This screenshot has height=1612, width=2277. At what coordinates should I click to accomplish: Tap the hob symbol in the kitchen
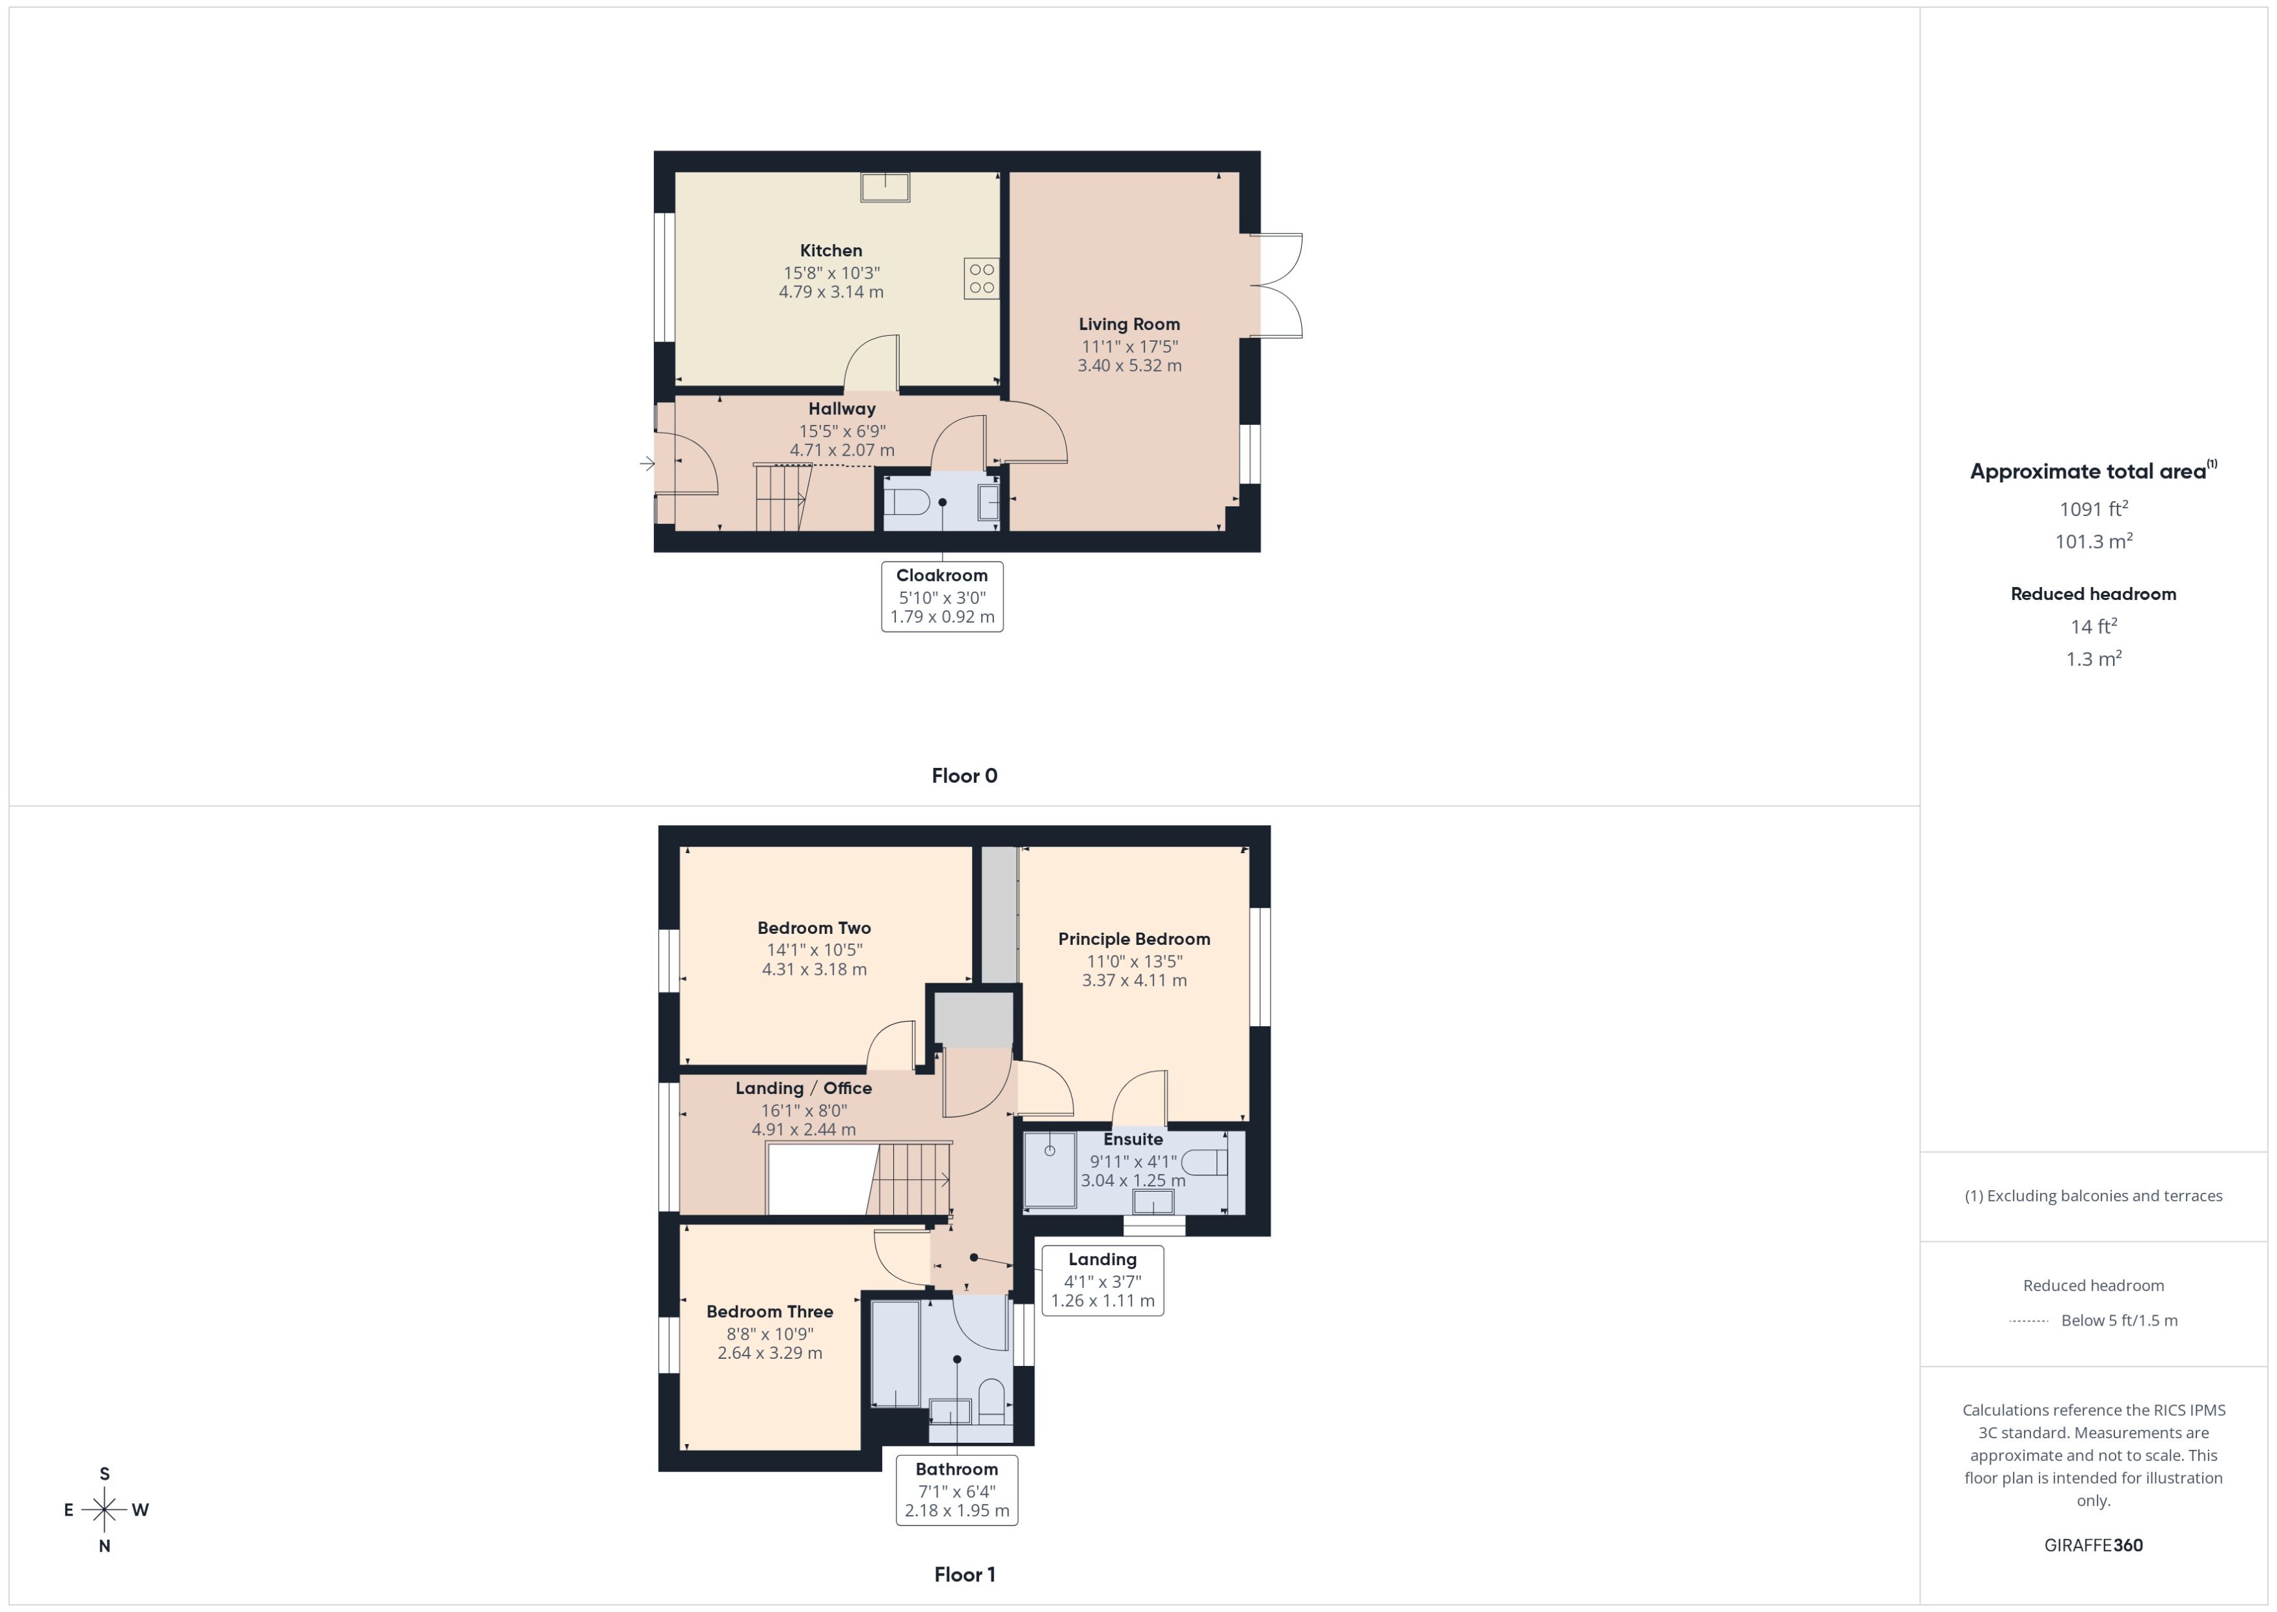981,278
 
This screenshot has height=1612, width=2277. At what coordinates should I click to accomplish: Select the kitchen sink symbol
884,187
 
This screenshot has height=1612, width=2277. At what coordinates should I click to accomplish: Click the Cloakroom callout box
941,595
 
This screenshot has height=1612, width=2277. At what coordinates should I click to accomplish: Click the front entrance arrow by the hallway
647,463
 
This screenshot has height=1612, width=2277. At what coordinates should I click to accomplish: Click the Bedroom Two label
814,928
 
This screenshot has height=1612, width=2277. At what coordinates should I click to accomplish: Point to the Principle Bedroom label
1133,939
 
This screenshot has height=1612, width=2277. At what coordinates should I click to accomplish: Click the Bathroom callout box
956,1489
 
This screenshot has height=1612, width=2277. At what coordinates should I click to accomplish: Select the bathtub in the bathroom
895,1354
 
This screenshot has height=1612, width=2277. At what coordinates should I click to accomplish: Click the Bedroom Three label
769,1312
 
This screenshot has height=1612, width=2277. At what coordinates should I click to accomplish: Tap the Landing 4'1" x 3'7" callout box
1102,1279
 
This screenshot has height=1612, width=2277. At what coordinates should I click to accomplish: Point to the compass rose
104,1510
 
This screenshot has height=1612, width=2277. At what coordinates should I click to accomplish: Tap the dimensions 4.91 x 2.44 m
803,1130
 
